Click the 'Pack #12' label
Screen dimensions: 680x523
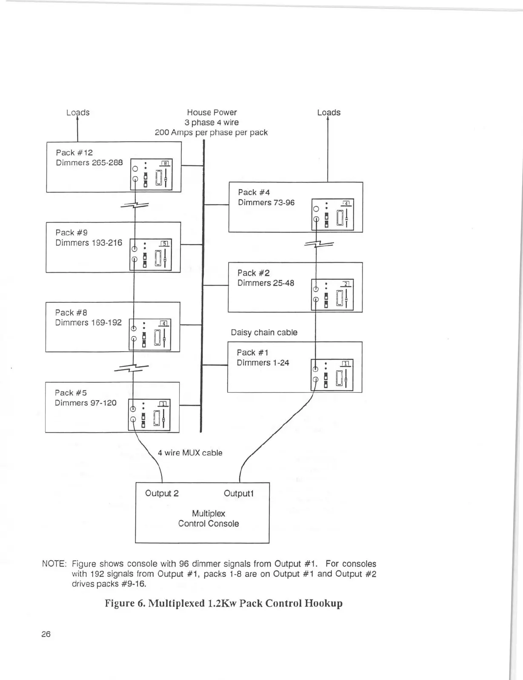coord(74,152)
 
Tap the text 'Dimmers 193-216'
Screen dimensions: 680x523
coord(89,243)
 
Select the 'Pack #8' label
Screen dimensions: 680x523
coord(71,313)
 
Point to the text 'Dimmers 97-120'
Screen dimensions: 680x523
coord(85,403)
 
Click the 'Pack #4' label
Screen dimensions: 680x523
coord(254,192)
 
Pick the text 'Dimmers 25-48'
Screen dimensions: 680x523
coord(266,283)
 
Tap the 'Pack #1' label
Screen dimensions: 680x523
coord(252,353)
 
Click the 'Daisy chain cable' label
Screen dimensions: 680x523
coord(264,333)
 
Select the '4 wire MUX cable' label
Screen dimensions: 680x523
coord(190,453)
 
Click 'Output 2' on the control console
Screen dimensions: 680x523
coord(162,494)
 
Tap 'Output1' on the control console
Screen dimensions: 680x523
coord(238,494)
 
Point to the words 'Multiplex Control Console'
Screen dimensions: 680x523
coord(209,519)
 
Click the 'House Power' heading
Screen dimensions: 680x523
coord(211,112)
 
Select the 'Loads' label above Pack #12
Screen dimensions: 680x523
coord(78,112)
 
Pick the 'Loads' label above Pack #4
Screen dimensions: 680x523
coord(329,112)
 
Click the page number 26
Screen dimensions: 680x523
coord(46,634)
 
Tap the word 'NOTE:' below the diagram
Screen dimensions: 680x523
coord(54,564)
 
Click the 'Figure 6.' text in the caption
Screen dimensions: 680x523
coord(125,603)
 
